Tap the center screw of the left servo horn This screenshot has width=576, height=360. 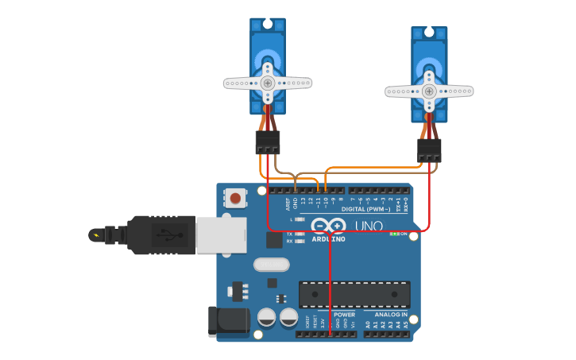point(268,83)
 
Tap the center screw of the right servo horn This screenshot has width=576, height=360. point(429,91)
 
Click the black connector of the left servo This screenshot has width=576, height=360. point(268,143)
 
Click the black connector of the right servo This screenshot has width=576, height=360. point(429,150)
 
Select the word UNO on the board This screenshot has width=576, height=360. point(369,226)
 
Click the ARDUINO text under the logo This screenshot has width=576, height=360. point(328,238)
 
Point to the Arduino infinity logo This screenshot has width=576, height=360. point(328,226)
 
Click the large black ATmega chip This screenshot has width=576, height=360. point(354,295)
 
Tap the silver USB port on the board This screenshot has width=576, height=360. point(221,235)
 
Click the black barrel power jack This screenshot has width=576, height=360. point(227,322)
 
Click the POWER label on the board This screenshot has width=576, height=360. point(344,315)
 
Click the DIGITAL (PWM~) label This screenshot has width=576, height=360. point(365,209)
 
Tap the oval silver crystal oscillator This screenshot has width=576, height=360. point(272,265)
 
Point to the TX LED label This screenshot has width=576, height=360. point(290,234)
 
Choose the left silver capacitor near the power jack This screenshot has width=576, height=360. point(267,319)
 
